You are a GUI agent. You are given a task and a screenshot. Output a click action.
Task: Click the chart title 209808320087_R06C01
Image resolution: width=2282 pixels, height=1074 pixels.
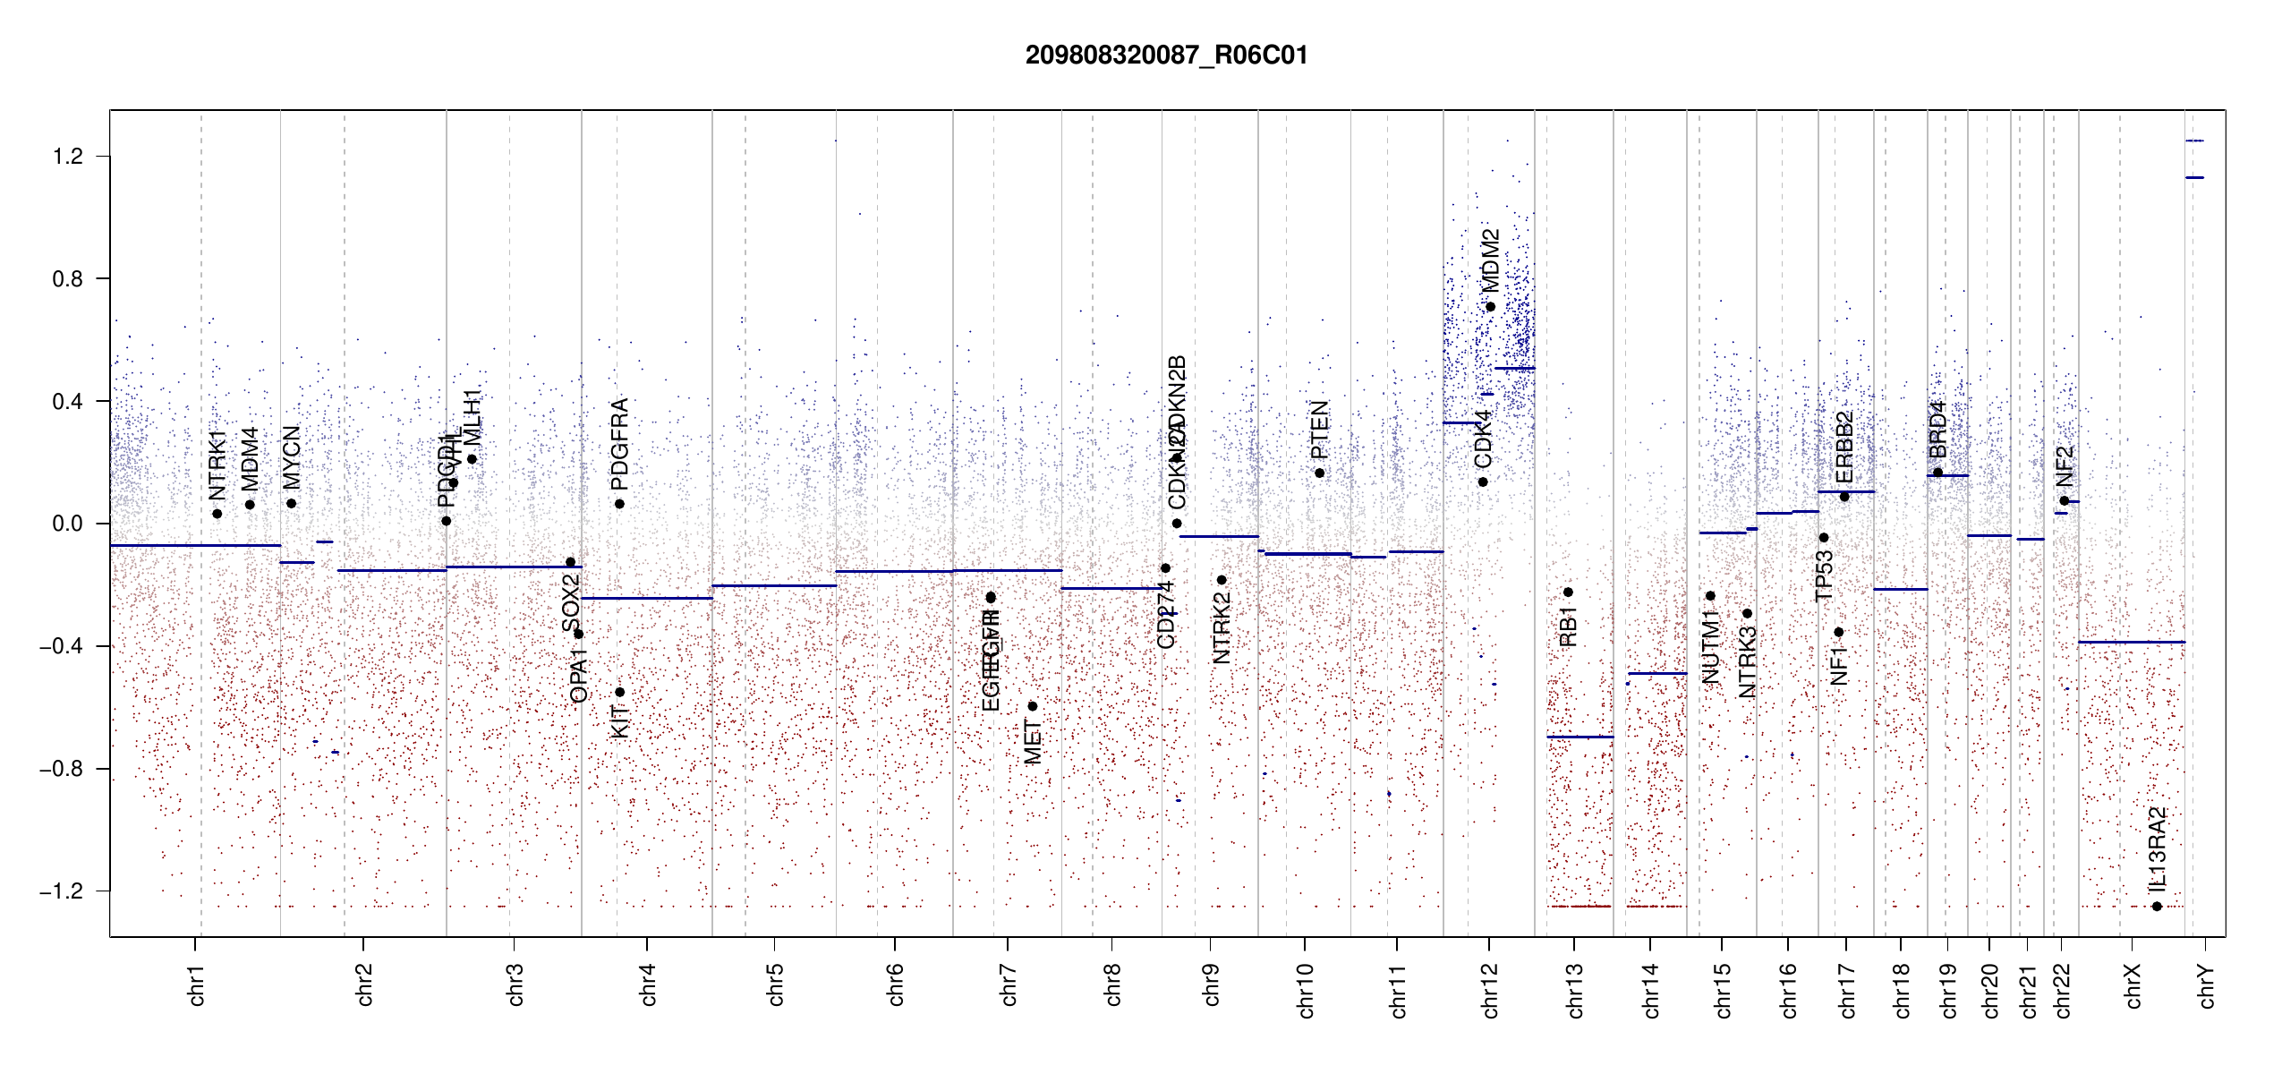tap(1166, 55)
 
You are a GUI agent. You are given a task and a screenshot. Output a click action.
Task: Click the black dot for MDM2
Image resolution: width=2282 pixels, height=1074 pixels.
tap(1490, 307)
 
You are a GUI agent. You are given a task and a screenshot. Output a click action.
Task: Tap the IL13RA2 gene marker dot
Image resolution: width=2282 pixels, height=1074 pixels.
tap(2157, 907)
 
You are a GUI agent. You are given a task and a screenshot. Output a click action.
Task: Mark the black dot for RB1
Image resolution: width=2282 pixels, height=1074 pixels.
tap(1568, 592)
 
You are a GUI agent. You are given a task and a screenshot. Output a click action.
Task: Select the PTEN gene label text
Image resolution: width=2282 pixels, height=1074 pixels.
tap(1319, 430)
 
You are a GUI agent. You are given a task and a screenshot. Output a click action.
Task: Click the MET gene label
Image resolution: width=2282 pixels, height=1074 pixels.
tap(1033, 743)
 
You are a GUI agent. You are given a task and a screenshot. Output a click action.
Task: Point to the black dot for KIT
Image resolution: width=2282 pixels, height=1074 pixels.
tap(619, 692)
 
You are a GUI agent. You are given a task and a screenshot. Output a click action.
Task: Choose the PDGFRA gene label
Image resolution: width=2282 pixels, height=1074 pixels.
tap(619, 444)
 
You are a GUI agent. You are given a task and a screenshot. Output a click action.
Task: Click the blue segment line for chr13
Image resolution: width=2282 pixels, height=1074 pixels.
tap(1580, 737)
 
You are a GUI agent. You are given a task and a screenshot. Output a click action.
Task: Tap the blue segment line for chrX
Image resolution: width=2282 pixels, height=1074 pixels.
tap(2131, 642)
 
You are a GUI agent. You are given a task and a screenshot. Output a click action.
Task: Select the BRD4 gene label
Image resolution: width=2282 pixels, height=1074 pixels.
tap(1937, 430)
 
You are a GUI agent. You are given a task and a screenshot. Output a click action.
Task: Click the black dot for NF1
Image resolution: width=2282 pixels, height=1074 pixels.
tap(1838, 632)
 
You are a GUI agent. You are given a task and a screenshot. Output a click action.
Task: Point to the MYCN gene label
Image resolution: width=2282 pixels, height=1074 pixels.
tap(292, 457)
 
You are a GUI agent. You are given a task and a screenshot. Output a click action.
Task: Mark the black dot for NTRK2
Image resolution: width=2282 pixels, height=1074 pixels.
tap(1222, 580)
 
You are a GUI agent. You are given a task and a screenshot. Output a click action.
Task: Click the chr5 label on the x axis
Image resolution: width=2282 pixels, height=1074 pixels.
tap(775, 984)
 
